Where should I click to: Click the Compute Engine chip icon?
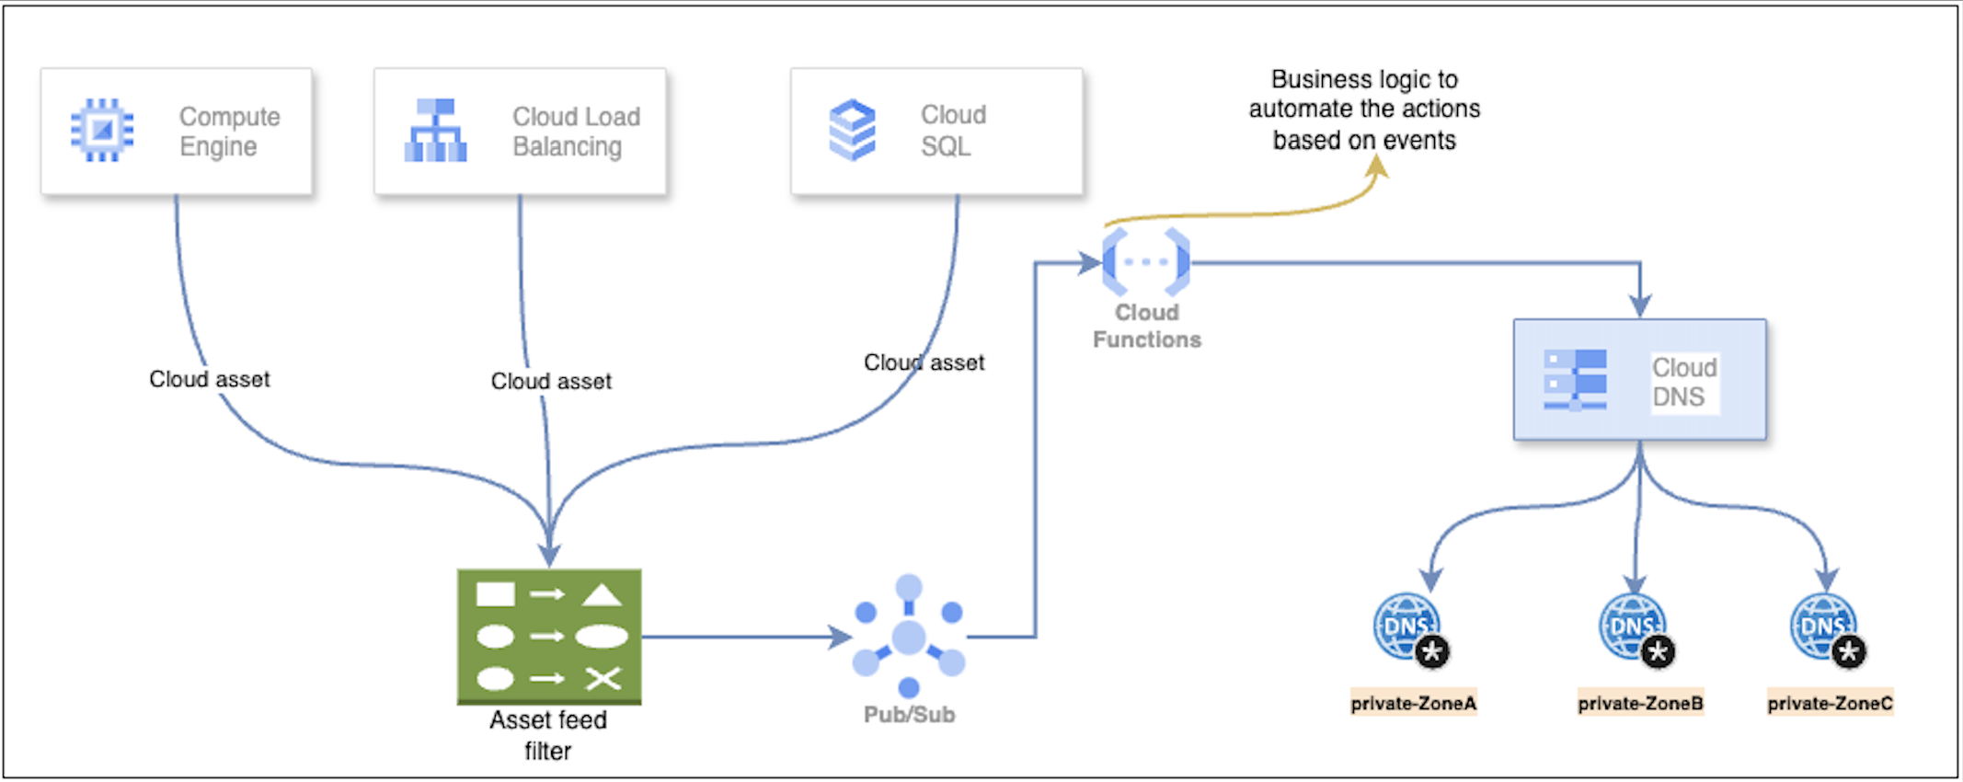click(x=102, y=130)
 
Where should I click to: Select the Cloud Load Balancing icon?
click(x=435, y=130)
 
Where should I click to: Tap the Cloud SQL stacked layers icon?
click(x=853, y=130)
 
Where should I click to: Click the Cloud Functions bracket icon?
click(x=1146, y=262)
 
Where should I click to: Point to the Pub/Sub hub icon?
click(x=909, y=637)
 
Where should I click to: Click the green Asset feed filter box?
click(x=549, y=637)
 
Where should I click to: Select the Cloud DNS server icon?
click(x=1576, y=379)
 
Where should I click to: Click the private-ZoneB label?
click(x=1640, y=704)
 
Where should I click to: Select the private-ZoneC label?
click(x=1830, y=704)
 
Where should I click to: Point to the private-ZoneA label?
click(x=1413, y=704)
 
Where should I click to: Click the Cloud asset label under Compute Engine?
click(x=210, y=379)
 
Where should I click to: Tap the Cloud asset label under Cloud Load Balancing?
click(x=551, y=381)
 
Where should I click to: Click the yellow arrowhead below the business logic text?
click(x=1377, y=167)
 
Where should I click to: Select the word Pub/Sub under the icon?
click(x=909, y=715)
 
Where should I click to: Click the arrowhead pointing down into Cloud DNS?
click(x=1640, y=306)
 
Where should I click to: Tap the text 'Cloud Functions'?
click(x=1147, y=326)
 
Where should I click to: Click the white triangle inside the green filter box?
click(x=602, y=595)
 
